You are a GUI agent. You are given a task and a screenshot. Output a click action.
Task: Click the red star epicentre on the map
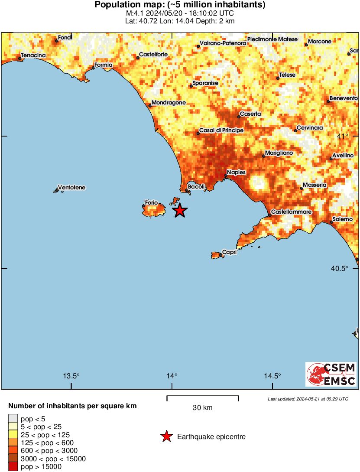[x=180, y=211]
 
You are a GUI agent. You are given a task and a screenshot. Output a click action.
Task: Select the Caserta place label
[x=250, y=114]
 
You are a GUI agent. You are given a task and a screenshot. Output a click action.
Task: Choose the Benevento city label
[x=343, y=98]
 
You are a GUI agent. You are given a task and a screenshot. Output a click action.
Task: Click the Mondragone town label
[x=169, y=103]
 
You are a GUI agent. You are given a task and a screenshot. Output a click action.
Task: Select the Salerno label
[x=343, y=219]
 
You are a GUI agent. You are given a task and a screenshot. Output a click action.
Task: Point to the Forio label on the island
[x=151, y=202]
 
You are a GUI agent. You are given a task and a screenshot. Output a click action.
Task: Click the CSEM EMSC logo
[x=331, y=374]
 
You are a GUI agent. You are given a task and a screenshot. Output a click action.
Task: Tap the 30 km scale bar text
[x=202, y=408]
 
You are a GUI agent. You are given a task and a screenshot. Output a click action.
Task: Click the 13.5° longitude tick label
[x=71, y=376]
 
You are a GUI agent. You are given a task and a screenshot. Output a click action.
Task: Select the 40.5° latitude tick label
[x=339, y=268]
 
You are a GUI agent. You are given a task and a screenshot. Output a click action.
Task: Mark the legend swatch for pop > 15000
[x=13, y=467]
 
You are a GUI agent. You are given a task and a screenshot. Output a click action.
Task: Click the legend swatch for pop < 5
[x=13, y=418]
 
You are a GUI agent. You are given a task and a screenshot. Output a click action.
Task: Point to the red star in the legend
[x=166, y=436]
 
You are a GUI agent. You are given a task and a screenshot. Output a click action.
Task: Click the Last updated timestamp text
[x=308, y=399]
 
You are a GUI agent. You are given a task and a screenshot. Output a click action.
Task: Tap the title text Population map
[x=180, y=5]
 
